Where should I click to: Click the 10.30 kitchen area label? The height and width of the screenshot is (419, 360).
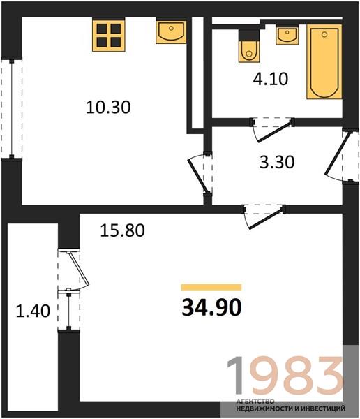pos(108,107)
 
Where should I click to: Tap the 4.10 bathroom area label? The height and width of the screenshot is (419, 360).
pos(271,79)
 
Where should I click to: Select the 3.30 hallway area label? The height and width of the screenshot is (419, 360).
pos(277,162)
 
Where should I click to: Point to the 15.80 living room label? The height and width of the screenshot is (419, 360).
pos(122,230)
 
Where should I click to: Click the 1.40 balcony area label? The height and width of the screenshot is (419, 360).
pos(33,311)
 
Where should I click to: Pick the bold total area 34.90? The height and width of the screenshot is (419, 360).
pos(211,307)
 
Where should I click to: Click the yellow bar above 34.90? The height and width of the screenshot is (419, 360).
pos(211,287)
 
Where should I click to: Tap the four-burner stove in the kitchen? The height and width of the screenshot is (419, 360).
pos(109,36)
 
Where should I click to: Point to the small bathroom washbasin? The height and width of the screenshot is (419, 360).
pos(287,36)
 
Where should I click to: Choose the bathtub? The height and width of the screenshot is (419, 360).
pos(324,61)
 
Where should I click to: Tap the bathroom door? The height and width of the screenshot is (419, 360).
pos(272,130)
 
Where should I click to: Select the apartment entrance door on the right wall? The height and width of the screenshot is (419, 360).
pos(342,156)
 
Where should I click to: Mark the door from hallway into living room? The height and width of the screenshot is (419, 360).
pos(263,216)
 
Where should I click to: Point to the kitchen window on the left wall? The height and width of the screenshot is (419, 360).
pos(11,109)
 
